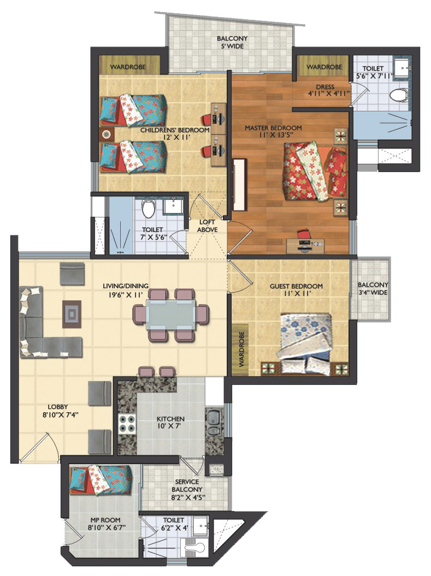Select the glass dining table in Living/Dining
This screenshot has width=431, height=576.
[171, 314]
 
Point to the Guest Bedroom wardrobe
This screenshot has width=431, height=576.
[241, 349]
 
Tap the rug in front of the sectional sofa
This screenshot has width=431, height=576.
[72, 314]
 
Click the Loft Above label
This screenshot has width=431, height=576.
[207, 226]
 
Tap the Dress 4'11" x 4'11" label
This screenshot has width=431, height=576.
[325, 91]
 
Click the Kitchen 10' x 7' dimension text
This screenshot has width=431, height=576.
[170, 426]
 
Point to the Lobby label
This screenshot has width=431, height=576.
[58, 407]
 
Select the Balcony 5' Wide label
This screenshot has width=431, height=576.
[232, 42]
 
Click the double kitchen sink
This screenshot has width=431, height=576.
[212, 423]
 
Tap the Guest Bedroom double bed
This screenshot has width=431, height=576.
[304, 344]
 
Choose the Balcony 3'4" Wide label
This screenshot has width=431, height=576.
[373, 289]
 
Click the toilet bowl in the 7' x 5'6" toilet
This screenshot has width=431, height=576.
[149, 209]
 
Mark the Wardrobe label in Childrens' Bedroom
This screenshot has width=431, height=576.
[127, 67]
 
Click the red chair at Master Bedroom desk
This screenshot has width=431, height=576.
[303, 234]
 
